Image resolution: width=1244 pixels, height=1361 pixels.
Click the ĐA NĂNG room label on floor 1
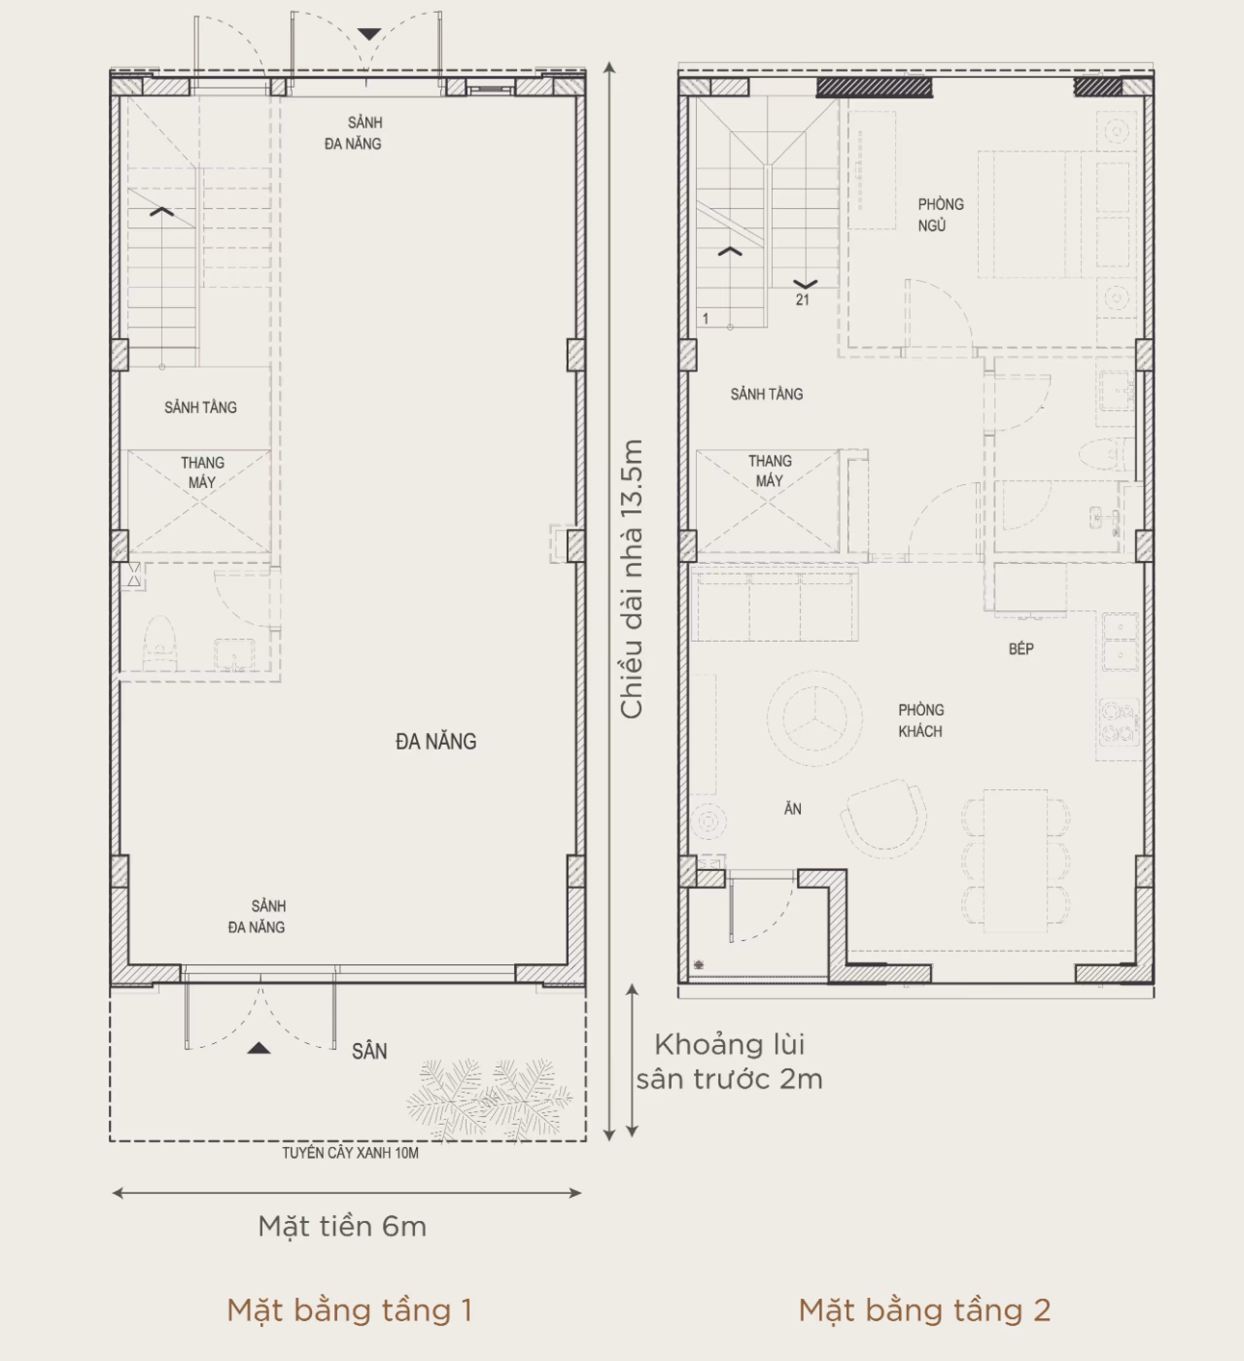click(x=435, y=741)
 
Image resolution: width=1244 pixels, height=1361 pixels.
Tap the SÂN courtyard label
click(x=369, y=1051)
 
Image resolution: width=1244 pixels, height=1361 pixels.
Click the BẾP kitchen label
click(x=1020, y=649)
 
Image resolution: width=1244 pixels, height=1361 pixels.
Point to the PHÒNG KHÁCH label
click(x=921, y=720)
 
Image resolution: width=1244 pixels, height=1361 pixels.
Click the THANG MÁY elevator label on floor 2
click(x=770, y=471)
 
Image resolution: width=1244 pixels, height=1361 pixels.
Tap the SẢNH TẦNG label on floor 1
click(x=201, y=407)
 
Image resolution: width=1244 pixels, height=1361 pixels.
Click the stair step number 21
click(x=802, y=300)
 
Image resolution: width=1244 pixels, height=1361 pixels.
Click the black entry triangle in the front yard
click(x=259, y=1048)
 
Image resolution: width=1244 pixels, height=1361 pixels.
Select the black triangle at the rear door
click(x=369, y=34)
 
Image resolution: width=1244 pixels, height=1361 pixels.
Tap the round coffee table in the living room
click(x=815, y=718)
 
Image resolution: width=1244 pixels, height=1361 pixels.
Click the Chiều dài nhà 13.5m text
click(x=632, y=579)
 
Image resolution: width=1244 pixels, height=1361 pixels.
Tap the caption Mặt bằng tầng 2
click(x=924, y=1310)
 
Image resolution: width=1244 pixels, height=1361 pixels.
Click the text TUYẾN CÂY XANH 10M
click(x=350, y=1153)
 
